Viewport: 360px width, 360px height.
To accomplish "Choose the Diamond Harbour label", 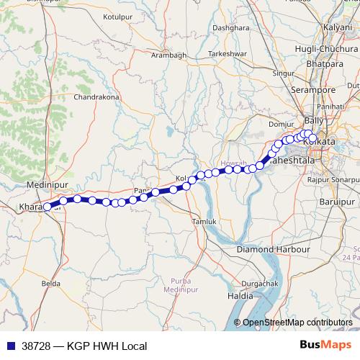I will pyautogui.click(x=273, y=250).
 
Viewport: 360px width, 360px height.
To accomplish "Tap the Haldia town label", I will pyautogui.click(x=240, y=296).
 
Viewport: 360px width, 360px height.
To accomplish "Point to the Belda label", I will pyautogui.click(x=51, y=284).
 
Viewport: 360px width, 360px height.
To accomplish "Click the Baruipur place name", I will pyautogui.click(x=337, y=200).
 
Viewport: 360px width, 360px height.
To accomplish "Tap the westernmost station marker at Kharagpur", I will pyautogui.click(x=48, y=207).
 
